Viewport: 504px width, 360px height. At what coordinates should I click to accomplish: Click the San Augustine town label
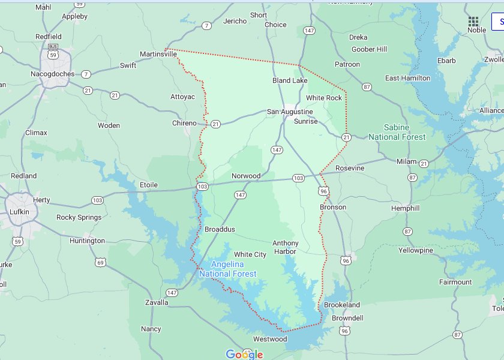tap(290, 112)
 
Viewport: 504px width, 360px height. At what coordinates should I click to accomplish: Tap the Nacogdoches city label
tap(53, 74)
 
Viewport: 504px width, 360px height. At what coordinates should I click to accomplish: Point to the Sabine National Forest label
tap(397, 132)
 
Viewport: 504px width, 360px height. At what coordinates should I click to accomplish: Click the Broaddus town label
tap(220, 229)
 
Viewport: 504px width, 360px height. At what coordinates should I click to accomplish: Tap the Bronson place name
tap(332, 207)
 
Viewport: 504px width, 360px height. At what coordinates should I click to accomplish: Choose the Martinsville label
tap(159, 53)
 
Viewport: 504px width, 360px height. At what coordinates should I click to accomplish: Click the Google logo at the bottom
tap(244, 354)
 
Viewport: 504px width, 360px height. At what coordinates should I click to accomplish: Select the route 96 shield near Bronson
tap(324, 191)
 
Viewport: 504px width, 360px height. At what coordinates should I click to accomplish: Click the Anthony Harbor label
tap(285, 247)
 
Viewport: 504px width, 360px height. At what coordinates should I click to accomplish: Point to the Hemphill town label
tap(405, 208)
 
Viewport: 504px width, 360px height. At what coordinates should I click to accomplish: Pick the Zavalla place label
tap(157, 302)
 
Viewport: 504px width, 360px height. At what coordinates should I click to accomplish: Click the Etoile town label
tap(148, 185)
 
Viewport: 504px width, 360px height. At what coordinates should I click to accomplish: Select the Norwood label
tap(246, 176)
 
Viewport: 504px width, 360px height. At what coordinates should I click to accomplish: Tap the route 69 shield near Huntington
tap(100, 262)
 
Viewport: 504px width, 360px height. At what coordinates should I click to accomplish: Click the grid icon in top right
tap(473, 21)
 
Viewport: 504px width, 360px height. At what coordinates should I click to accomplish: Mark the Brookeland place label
tap(342, 305)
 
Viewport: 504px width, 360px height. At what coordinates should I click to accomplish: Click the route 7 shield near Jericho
tap(206, 26)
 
